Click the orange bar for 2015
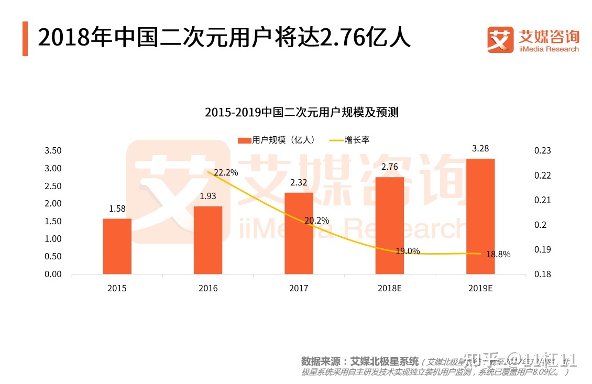point(117,246)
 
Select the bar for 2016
point(208,240)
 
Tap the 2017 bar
point(299,233)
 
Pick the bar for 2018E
point(390,225)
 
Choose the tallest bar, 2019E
point(480,216)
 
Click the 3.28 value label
point(480,149)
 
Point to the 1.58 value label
point(117,209)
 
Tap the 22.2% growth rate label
point(226,172)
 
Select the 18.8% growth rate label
point(498,255)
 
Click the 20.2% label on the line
point(316,221)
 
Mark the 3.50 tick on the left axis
point(53,151)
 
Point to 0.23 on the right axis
point(543,151)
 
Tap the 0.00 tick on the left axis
point(53,274)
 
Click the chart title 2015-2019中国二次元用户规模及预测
point(301,112)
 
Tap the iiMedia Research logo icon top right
point(500,40)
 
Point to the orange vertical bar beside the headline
point(25,39)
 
